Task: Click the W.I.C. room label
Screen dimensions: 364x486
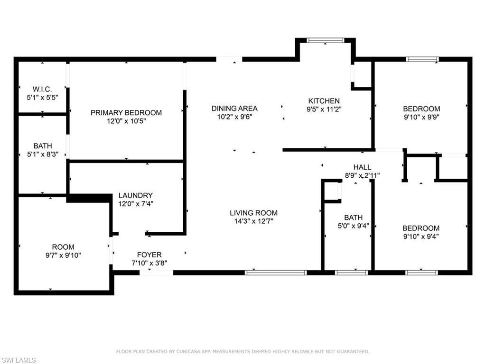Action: (42, 89)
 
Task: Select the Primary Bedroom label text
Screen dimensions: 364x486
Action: (126, 113)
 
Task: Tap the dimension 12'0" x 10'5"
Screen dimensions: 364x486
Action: (126, 121)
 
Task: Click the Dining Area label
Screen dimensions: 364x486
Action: (234, 109)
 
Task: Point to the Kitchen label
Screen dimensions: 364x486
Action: (324, 101)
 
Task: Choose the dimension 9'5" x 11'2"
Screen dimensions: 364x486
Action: (324, 109)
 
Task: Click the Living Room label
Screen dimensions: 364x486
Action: (254, 213)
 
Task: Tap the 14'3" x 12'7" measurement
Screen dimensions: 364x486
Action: (254, 221)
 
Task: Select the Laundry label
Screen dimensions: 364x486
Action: (136, 195)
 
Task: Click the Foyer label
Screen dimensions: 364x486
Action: (149, 255)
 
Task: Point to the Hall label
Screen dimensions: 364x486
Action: (362, 167)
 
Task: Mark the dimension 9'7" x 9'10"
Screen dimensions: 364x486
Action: (63, 255)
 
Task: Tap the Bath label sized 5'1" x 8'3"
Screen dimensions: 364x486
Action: (43, 146)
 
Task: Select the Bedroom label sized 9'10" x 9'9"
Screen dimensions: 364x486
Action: (421, 109)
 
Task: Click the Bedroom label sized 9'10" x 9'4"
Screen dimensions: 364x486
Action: (421, 228)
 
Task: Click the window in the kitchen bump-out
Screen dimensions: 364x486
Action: (325, 40)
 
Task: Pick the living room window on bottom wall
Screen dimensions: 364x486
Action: (276, 273)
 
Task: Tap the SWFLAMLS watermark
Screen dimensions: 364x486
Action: (19, 360)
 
